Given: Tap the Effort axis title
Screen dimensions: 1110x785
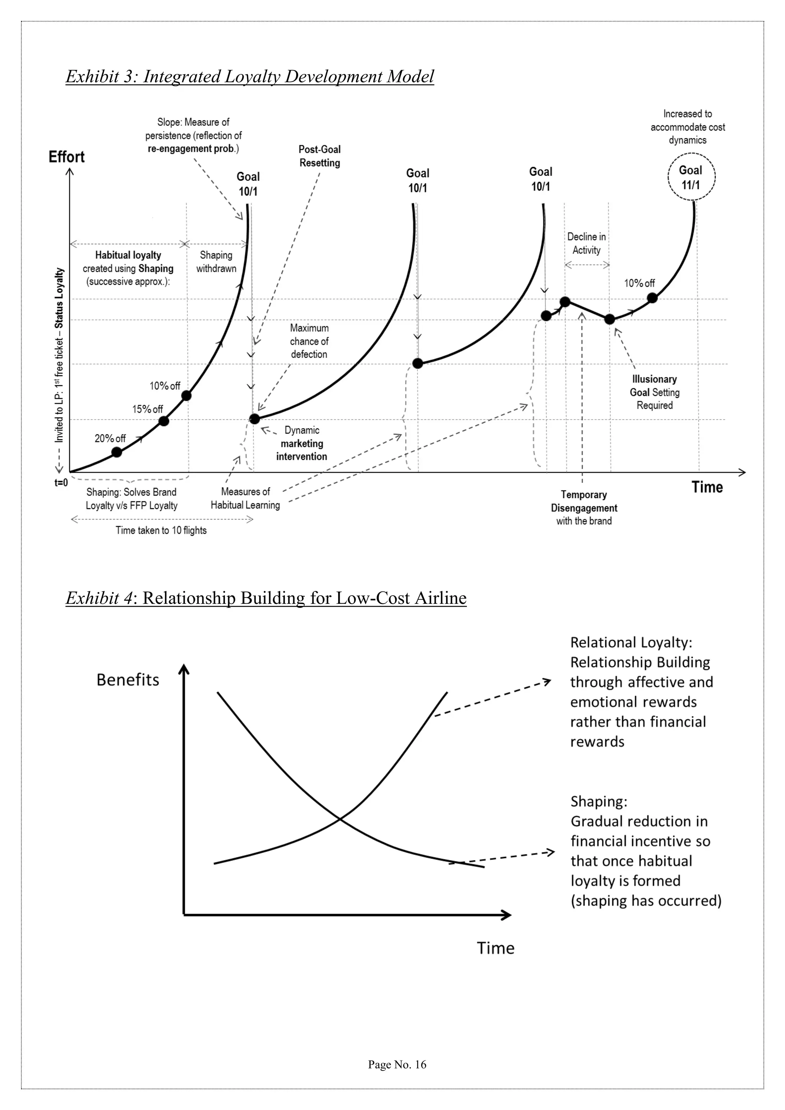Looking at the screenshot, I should click(x=67, y=157).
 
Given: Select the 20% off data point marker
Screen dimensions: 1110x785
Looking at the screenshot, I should click(x=117, y=452).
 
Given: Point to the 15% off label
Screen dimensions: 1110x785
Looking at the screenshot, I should click(x=148, y=409).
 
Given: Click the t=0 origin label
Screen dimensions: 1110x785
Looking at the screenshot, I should click(x=61, y=483).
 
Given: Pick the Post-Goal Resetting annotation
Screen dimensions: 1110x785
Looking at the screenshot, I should click(x=320, y=156).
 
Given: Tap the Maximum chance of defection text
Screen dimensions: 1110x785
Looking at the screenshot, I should click(x=309, y=341).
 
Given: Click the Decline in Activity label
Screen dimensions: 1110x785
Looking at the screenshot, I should click(x=586, y=243).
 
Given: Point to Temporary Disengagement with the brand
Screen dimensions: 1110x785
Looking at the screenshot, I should click(x=584, y=507).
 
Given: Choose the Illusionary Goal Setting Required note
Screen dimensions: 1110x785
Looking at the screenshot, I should click(x=655, y=392).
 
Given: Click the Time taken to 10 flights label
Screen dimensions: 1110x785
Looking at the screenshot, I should click(x=161, y=530).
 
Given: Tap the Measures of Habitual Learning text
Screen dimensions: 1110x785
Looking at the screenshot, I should click(x=245, y=498).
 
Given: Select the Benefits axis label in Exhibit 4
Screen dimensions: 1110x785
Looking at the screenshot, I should click(x=128, y=680).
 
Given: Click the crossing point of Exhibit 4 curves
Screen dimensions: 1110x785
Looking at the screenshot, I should click(x=340, y=818).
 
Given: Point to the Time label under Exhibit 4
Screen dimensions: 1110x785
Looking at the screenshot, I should click(x=496, y=948).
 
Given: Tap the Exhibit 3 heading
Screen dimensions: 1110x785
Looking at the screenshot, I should click(x=250, y=76).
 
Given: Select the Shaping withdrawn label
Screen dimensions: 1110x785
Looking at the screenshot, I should click(x=216, y=261).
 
